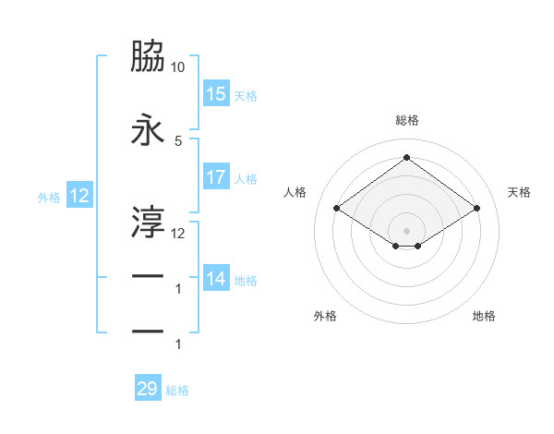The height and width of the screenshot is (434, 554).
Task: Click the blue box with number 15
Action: coord(216,94)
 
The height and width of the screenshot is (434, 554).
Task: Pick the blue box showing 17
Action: coord(216,177)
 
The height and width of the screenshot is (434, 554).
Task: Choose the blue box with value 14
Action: coord(216,279)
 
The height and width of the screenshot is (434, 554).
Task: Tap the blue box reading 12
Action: coord(79,196)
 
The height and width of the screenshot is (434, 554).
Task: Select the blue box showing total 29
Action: coord(148,389)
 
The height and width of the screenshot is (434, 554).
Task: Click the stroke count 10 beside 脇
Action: coord(178,68)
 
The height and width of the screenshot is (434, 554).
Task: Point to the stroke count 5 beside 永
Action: coord(178,140)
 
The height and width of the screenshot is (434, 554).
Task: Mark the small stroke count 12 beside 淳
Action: coord(178,233)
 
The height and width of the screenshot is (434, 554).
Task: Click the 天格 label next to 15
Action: coord(246,95)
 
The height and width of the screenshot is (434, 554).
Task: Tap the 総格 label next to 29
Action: coord(177,391)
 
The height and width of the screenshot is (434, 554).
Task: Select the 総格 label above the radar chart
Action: coord(406,120)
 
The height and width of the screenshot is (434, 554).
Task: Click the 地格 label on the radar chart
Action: coord(484,316)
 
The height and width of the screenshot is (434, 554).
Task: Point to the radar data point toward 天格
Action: coord(476,209)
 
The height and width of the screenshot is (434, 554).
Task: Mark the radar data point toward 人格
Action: coord(337,209)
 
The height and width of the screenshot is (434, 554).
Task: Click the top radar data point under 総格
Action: coord(406,157)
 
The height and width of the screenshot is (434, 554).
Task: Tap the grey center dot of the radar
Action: coord(406,229)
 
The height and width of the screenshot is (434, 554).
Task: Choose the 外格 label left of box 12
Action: coord(48,197)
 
